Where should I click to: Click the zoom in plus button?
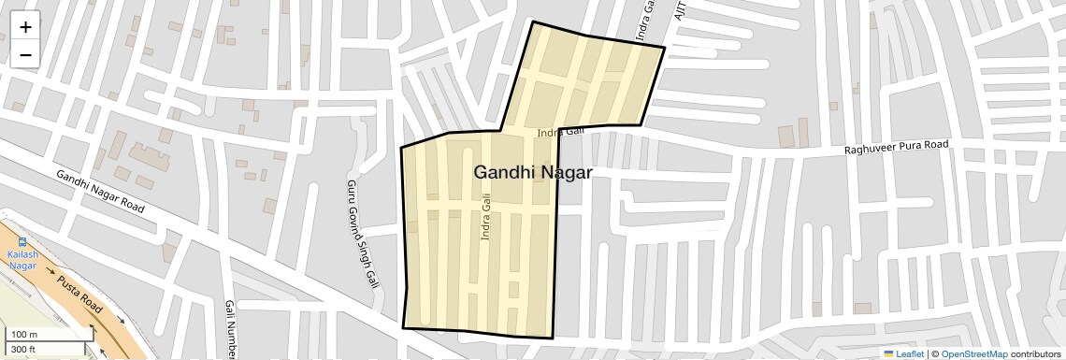coord(25,27)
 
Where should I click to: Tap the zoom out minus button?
coord(25,54)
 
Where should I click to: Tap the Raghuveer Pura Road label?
coord(896,148)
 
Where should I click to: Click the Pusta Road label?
coord(79,294)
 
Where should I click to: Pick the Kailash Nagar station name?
coord(22,260)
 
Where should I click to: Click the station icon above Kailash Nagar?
coord(22,240)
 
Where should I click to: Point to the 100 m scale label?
coord(24,334)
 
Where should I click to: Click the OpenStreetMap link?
coord(973,353)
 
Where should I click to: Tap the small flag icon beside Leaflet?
coord(889,353)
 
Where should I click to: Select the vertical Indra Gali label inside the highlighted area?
coord(485,217)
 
